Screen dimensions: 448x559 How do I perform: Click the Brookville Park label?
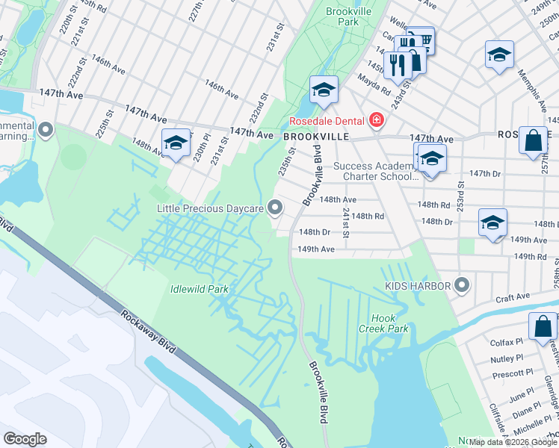[343, 17]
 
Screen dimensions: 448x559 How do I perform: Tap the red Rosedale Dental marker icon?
[377, 120]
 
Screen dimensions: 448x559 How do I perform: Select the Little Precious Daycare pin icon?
[276, 208]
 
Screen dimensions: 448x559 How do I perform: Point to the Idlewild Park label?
[199, 288]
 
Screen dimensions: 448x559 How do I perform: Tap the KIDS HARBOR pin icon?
[462, 285]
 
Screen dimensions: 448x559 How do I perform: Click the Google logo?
[25, 438]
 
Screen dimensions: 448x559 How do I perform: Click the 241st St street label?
[346, 223]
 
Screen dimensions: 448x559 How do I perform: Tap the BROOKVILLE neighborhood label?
[316, 137]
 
